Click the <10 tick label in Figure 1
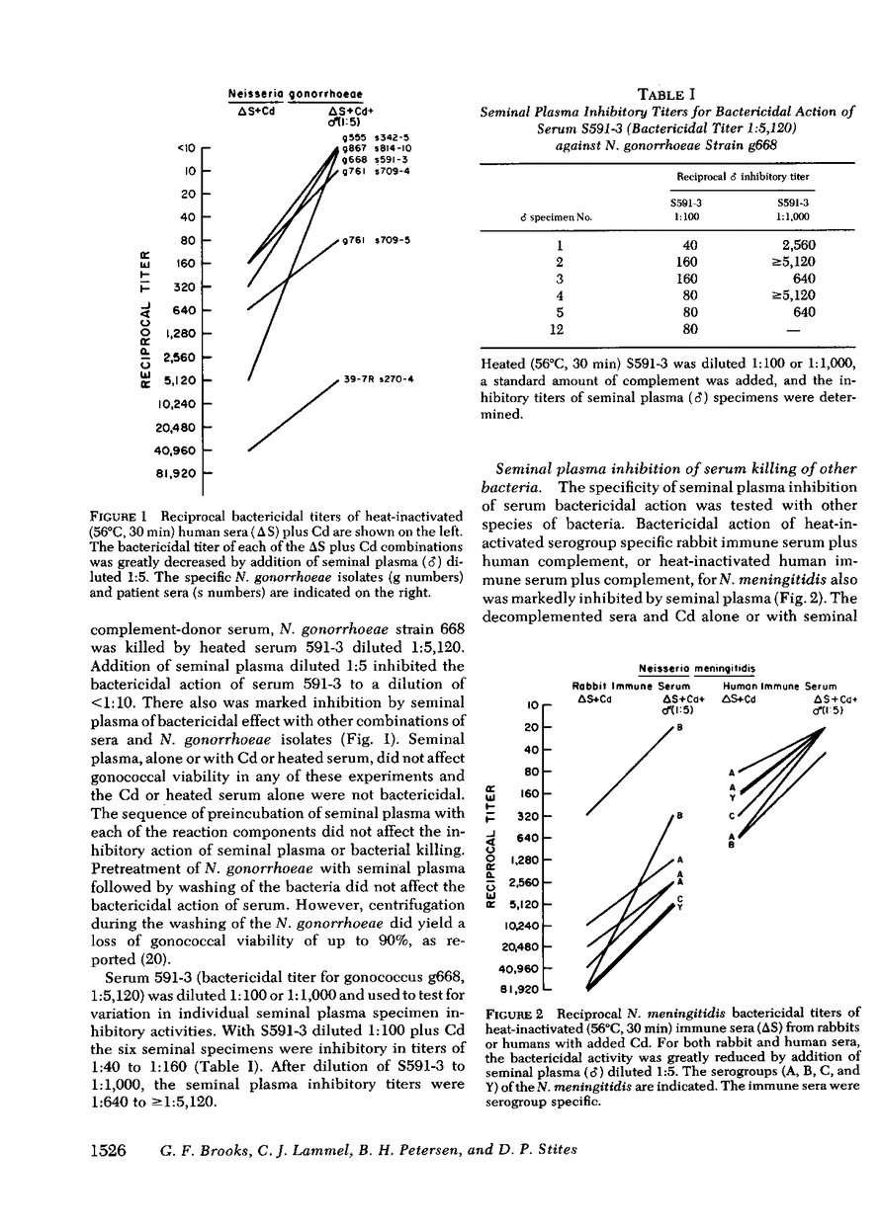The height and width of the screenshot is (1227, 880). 185,149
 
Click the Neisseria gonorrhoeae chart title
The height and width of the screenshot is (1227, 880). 279,94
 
